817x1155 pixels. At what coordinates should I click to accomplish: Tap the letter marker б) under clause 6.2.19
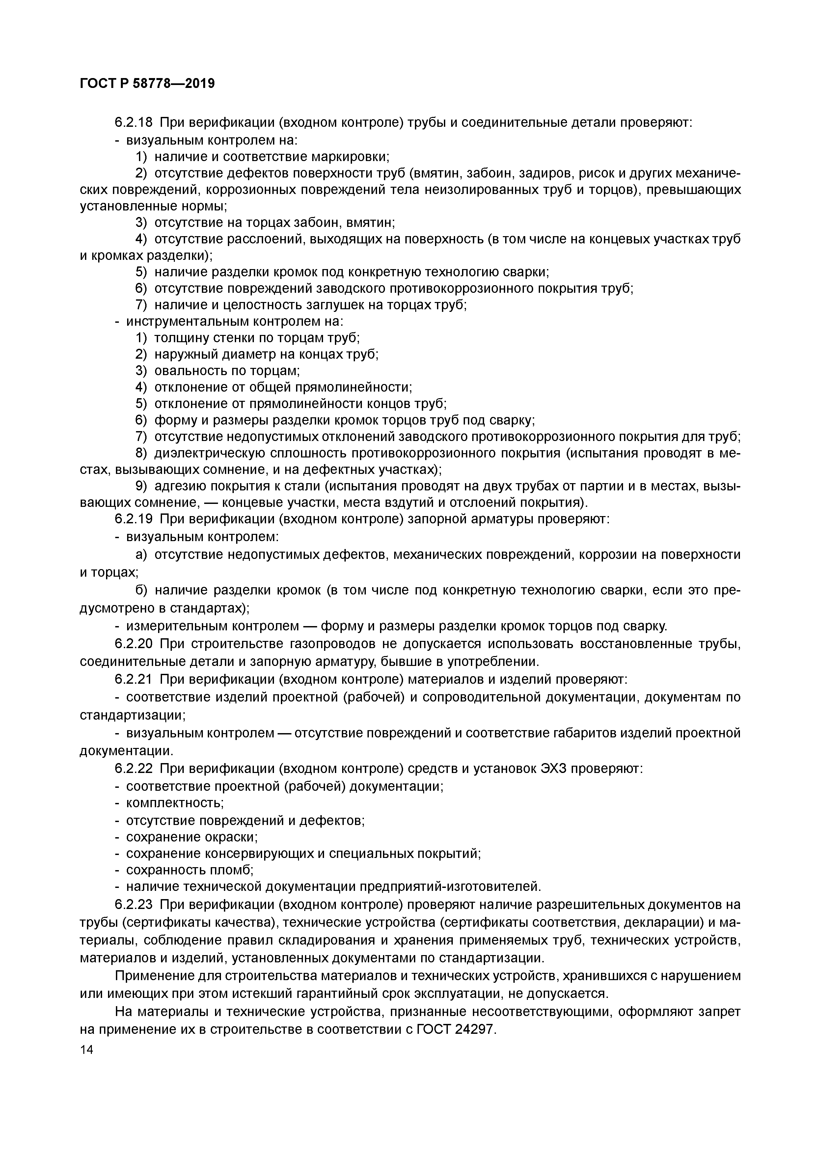coord(141,591)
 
